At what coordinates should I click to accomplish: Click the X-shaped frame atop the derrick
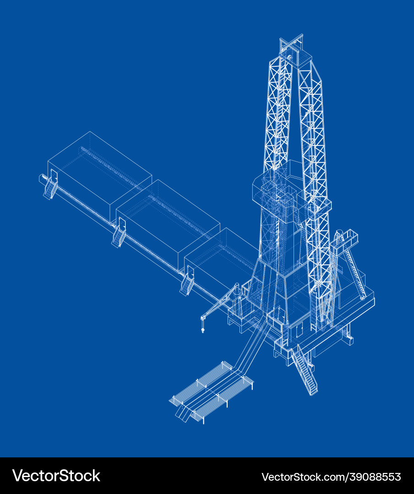click(x=292, y=42)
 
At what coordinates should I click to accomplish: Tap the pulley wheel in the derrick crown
click(x=289, y=58)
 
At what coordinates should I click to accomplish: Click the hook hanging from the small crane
click(x=202, y=328)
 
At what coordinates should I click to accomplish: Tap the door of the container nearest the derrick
click(x=189, y=273)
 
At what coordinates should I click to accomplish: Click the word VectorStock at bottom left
click(x=56, y=476)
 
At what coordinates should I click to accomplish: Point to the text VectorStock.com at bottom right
click(x=305, y=477)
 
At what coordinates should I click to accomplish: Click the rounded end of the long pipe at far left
click(x=41, y=178)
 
